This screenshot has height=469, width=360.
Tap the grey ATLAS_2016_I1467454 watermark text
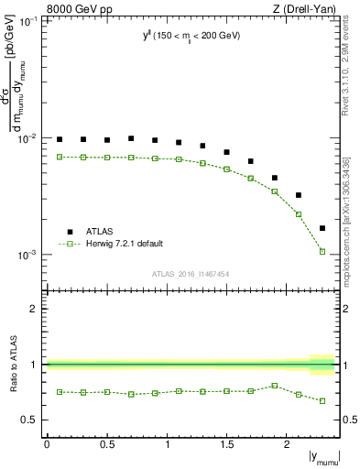click(x=191, y=274)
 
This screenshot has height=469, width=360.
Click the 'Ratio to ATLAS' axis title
click(x=12, y=365)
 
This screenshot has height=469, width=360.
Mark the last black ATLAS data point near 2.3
click(x=322, y=228)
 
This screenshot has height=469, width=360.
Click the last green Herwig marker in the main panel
click(x=322, y=251)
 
